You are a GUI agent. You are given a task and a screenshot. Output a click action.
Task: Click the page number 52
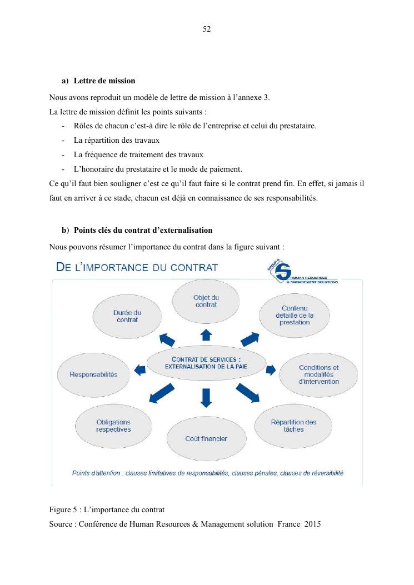click(x=207, y=29)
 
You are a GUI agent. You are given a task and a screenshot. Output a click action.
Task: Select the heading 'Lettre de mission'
click(x=104, y=81)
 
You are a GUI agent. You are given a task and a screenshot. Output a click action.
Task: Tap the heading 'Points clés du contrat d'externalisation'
click(x=143, y=230)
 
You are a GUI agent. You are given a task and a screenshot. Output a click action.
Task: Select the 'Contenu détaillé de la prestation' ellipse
click(x=295, y=315)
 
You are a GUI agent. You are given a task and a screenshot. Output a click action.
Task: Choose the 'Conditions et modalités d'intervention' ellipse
click(x=318, y=374)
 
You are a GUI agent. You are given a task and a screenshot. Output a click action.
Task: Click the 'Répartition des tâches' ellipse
click(x=293, y=426)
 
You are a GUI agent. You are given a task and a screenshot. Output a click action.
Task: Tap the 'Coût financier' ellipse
click(x=206, y=438)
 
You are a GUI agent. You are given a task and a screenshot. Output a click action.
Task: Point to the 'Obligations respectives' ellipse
click(x=113, y=426)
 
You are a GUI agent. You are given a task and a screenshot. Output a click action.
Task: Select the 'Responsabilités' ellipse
click(x=93, y=374)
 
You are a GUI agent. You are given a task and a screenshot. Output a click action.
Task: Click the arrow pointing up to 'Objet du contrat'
click(x=206, y=334)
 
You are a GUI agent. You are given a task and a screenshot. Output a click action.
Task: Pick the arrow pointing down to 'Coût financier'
click(x=206, y=397)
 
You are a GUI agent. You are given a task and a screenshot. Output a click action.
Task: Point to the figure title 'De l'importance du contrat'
click(x=137, y=267)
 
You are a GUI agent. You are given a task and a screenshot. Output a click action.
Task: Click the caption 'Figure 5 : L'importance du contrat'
click(x=107, y=509)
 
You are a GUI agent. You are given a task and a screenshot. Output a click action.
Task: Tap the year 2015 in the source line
click(x=313, y=524)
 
